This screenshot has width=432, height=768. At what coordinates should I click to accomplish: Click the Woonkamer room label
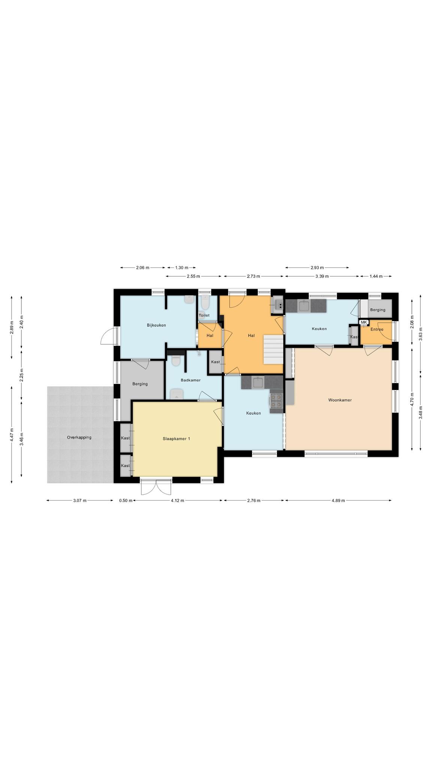340,400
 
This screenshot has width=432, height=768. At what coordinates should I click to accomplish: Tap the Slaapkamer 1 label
176,438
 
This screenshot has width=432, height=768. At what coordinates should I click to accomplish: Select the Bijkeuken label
156,325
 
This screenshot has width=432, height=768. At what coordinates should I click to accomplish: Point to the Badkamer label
190,380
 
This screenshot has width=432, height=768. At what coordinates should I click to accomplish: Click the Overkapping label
79,437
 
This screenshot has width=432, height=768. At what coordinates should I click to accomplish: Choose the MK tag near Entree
363,322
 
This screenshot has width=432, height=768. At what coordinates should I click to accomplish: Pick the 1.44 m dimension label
376,276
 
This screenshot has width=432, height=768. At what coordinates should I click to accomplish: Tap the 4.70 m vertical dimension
412,399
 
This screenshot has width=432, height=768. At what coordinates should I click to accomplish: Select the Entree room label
377,330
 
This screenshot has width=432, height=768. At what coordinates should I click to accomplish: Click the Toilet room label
204,315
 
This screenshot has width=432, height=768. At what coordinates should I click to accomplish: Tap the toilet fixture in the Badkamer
176,360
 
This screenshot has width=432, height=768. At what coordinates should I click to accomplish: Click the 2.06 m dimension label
142,268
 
